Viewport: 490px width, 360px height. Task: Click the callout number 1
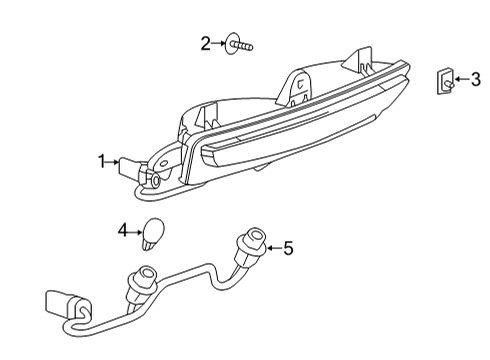tap(102, 160)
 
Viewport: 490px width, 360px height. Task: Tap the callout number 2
tap(206, 43)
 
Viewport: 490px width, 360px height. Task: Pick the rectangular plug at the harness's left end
tap(62, 302)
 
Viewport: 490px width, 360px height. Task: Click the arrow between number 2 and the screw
tap(220, 43)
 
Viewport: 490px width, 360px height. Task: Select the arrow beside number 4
tap(137, 230)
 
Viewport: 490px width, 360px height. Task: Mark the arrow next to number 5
tap(272, 247)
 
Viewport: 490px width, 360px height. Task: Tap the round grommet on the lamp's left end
tap(157, 179)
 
